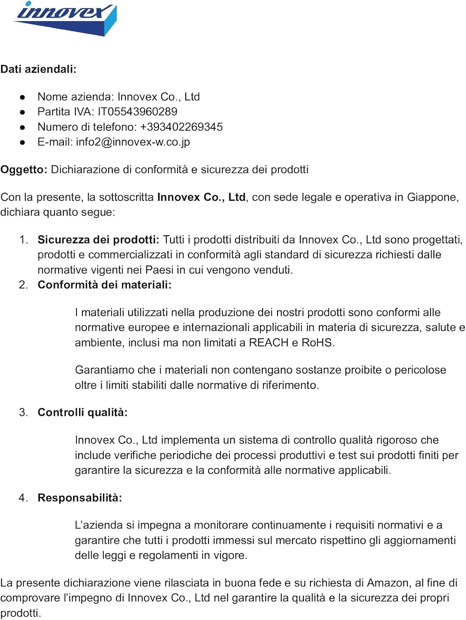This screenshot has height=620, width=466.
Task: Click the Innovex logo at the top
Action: [x=65, y=18]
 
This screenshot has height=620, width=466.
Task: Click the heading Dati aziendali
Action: [x=38, y=69]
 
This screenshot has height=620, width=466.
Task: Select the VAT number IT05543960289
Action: [x=137, y=112]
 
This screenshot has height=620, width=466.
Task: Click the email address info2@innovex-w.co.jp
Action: [x=133, y=142]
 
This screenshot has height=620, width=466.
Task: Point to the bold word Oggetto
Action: [x=24, y=169]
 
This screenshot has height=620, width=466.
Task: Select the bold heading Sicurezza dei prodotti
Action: [x=98, y=240]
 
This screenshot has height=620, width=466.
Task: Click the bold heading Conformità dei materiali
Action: [x=104, y=285]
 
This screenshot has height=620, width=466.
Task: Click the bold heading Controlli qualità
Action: [x=82, y=413]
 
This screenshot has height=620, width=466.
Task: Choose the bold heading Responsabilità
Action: [x=79, y=498]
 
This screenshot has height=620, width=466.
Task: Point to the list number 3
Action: [x=23, y=413]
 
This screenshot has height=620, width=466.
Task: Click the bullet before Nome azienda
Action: [x=23, y=97]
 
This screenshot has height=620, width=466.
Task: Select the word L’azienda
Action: [x=99, y=525]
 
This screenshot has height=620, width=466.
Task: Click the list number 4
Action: [x=23, y=498]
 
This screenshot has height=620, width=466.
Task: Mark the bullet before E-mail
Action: [x=23, y=142]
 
